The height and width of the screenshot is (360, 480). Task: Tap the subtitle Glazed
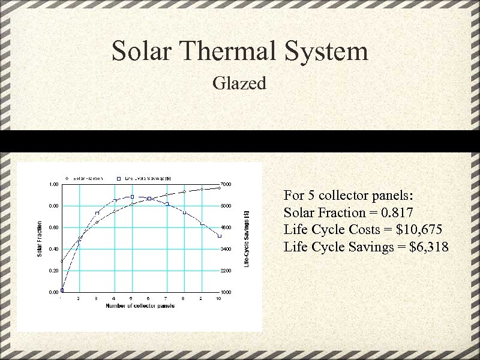click(239, 83)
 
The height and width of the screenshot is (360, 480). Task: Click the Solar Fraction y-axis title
click(40, 238)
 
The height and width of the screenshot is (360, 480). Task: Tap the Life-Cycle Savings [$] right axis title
click(247, 238)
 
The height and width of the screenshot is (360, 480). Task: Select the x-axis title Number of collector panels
click(140, 306)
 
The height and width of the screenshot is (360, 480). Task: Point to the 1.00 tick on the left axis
click(53, 184)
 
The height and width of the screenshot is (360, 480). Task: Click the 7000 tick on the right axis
click(225, 184)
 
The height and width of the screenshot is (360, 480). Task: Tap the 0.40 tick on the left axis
click(53, 249)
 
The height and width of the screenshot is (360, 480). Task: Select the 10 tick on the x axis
click(218, 298)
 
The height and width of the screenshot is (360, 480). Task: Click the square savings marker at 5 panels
click(132, 197)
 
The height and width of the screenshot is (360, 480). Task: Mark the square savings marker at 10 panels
click(220, 236)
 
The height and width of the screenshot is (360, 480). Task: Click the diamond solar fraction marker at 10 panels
click(220, 188)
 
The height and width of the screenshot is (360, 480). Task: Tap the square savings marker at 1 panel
click(62, 290)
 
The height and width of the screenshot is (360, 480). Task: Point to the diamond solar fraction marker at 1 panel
click(62, 262)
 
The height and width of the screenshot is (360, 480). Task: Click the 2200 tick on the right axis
click(225, 271)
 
